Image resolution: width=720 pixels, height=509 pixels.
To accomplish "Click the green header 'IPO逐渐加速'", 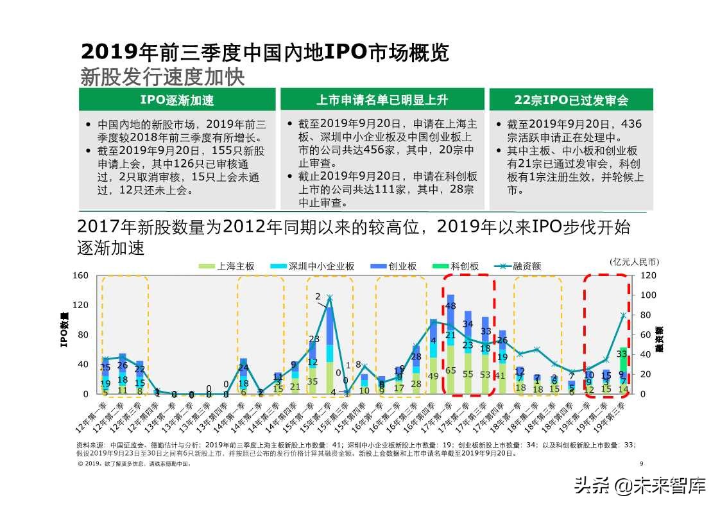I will tap(176, 100).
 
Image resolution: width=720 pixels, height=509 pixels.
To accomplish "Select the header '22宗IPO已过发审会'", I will tap(570, 100).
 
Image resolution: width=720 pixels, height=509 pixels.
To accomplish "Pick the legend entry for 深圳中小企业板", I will tap(314, 266).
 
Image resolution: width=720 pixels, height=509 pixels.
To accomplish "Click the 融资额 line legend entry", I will tap(519, 266).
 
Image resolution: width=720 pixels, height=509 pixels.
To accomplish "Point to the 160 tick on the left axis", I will tap(80, 275).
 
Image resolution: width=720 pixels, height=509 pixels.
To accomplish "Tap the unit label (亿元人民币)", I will tap(634, 261).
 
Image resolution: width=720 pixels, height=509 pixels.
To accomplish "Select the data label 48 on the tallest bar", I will tap(450, 306).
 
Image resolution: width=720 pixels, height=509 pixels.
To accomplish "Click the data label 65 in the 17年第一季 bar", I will tap(450, 370).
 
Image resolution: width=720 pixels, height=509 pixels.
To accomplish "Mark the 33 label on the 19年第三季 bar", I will tap(622, 354).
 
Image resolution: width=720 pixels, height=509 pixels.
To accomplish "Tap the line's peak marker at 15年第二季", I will tap(329, 297).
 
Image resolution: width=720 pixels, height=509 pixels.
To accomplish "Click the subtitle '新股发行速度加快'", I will tap(162, 76).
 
